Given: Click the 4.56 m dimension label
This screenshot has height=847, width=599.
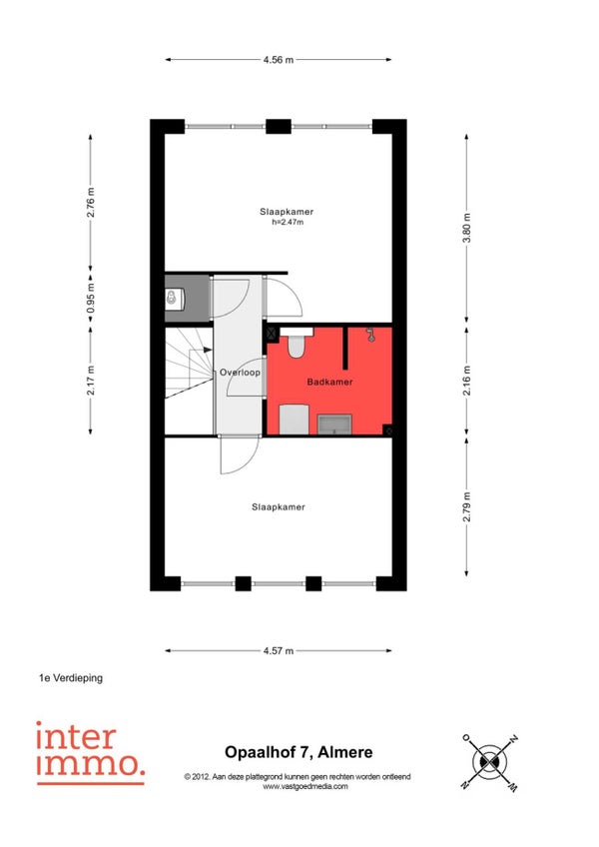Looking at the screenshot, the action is click(x=279, y=60).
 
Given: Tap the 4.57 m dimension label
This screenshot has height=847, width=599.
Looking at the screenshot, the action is click(x=279, y=651).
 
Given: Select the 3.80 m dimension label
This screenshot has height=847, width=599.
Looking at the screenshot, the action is click(x=467, y=228).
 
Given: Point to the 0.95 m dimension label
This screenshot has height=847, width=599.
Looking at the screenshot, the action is click(x=91, y=299).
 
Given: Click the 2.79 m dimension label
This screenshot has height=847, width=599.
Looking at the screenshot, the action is click(x=467, y=506).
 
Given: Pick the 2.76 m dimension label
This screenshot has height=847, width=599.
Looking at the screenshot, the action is click(x=91, y=203).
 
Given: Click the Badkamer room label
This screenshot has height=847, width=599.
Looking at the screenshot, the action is click(x=329, y=382).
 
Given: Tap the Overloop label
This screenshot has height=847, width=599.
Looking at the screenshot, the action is click(x=240, y=373).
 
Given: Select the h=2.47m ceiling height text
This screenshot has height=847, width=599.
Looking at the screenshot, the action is click(x=288, y=222).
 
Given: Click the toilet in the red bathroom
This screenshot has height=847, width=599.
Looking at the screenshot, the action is click(x=295, y=343).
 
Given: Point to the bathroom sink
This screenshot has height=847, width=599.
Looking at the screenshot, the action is click(x=334, y=424).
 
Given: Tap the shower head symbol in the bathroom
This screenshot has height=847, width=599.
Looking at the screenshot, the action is click(x=370, y=335).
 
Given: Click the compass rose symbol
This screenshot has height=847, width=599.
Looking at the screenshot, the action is click(x=490, y=762).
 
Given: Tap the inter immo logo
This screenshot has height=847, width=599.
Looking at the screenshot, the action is click(x=90, y=752).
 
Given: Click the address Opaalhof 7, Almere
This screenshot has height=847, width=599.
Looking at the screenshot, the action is click(x=299, y=752).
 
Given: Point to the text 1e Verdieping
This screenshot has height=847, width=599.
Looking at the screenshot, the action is click(x=71, y=678).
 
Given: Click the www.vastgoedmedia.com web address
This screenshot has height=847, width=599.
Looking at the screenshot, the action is click(x=305, y=786).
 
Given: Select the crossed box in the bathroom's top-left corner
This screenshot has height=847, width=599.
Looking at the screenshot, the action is click(x=272, y=334).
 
